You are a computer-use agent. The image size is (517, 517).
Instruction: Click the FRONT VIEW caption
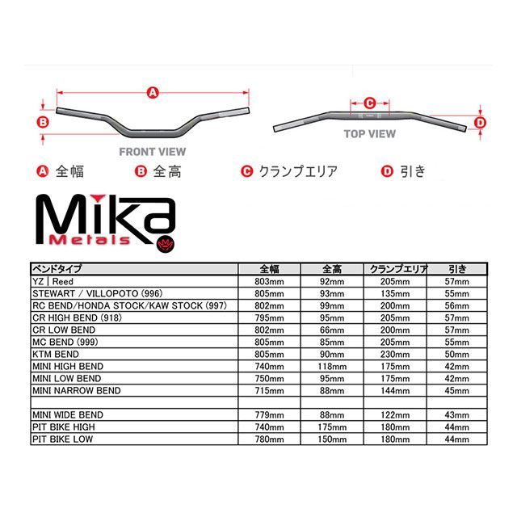point(152,151)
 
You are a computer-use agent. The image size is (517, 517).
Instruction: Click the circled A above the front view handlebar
point(151,93)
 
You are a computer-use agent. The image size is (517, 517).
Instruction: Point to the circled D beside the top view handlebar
point(479,123)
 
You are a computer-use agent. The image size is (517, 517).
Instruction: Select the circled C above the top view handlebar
point(368,103)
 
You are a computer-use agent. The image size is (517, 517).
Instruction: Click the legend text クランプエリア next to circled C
point(296,171)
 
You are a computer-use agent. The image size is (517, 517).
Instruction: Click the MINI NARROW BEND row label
point(76,390)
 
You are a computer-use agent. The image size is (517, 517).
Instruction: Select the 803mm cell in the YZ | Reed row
point(270,281)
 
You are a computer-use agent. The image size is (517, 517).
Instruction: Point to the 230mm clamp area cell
point(396,355)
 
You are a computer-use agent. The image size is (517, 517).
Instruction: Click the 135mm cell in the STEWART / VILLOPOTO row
point(396,293)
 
